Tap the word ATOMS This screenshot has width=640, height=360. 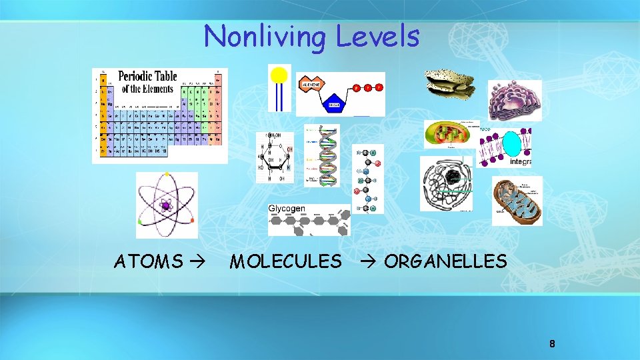(148, 261)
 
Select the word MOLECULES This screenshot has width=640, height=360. (285, 261)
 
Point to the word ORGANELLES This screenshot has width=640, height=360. (445, 261)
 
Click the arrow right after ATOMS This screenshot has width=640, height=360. (199, 261)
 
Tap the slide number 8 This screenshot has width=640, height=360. (552, 344)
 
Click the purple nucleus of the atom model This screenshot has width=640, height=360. (166, 205)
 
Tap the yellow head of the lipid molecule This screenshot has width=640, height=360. (279, 75)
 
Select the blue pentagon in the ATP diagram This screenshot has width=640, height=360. (333, 104)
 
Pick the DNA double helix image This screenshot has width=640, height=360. (327, 155)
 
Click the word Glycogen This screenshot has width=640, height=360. (287, 209)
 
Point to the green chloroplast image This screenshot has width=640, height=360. (451, 134)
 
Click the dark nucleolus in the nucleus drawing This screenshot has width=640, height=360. (453, 177)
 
